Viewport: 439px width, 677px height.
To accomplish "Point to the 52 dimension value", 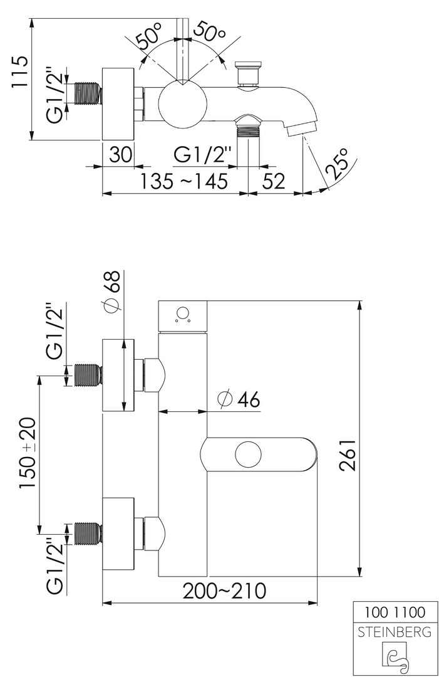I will (x=274, y=182).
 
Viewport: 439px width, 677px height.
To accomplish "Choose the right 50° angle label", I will (x=210, y=34).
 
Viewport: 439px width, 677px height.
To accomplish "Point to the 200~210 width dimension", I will (x=224, y=590).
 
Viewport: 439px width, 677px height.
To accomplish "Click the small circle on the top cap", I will (x=183, y=312).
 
